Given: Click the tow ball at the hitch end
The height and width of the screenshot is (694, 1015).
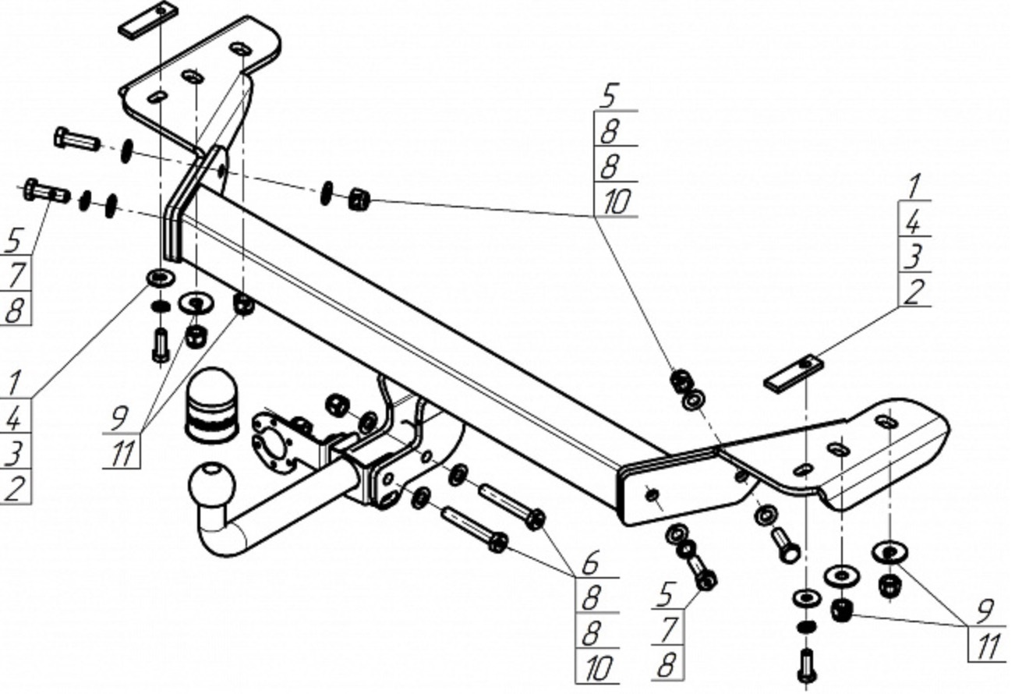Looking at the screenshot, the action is point(211,483).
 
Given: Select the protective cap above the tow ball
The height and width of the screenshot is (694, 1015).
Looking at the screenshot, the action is point(211,405).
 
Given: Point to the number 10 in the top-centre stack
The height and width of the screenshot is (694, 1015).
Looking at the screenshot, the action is point(617,201).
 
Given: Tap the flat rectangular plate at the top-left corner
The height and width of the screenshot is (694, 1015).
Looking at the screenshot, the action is point(147,20).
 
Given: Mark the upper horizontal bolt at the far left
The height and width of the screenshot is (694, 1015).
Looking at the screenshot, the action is point(76,138).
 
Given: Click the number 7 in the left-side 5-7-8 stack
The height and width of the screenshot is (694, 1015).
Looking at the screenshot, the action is point(16,274).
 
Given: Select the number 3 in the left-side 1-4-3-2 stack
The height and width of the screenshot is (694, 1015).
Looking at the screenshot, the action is point(14,453).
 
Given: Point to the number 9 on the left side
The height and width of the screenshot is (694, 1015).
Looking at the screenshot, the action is point(119,417).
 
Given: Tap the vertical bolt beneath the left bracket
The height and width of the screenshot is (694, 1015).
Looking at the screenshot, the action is point(161,345).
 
